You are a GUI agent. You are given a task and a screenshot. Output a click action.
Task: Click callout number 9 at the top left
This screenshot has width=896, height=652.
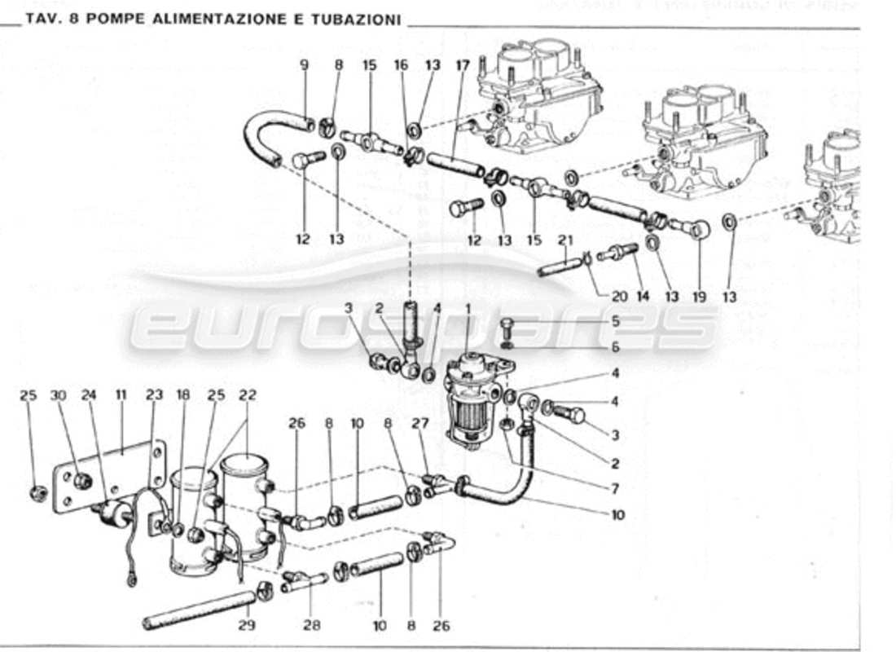click(x=304, y=64)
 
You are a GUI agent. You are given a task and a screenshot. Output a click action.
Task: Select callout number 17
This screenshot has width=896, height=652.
click(x=463, y=64)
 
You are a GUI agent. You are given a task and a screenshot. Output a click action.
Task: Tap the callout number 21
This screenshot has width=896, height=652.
click(x=566, y=240)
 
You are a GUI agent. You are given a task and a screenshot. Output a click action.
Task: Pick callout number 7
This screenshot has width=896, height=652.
click(x=615, y=489)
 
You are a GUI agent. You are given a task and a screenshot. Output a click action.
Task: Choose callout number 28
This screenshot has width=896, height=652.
click(x=312, y=626)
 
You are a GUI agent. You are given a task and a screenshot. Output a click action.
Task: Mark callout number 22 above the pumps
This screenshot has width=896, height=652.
click(x=248, y=395)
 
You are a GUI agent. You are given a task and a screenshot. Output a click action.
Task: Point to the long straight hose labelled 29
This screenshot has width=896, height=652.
click(x=200, y=610)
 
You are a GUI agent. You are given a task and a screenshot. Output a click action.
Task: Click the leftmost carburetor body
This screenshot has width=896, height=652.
click(x=538, y=106)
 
